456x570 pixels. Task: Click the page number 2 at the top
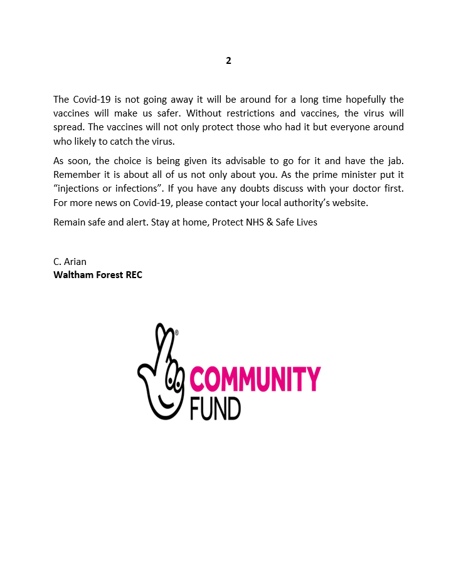click(228, 61)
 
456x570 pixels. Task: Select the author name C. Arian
click(70, 261)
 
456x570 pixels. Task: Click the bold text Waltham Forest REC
click(98, 274)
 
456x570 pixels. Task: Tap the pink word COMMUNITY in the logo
click(255, 380)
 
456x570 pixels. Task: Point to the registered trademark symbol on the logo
click(177, 333)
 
